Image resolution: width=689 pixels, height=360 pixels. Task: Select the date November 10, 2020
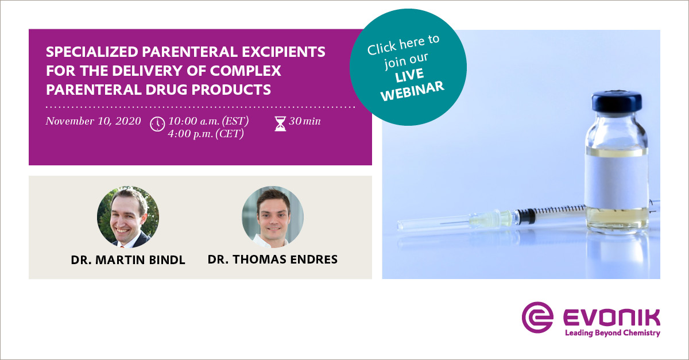[x=94, y=122]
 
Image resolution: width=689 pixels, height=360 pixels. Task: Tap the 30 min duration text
[x=305, y=122]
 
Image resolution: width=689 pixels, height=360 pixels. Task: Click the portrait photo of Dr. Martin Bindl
[x=127, y=216]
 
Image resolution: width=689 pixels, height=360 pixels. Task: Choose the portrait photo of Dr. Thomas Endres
[x=272, y=216]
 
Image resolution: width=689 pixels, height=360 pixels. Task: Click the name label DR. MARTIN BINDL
[x=128, y=260]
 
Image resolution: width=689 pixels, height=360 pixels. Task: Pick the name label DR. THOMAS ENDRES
[x=272, y=260]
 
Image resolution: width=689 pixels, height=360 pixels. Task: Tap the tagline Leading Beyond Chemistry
[x=612, y=333]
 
